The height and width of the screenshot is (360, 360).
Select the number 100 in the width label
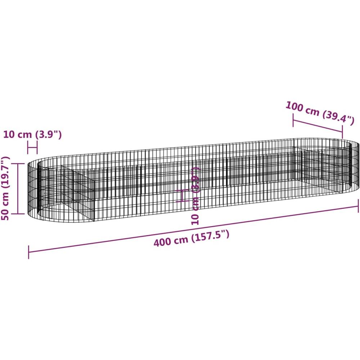click(294, 107)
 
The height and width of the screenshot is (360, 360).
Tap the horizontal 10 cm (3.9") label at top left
click(32, 135)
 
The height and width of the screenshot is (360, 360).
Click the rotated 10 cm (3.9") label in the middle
click(195, 195)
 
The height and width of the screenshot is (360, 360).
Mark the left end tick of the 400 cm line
click(28, 252)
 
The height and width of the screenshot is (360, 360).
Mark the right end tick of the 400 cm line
click(358, 206)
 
